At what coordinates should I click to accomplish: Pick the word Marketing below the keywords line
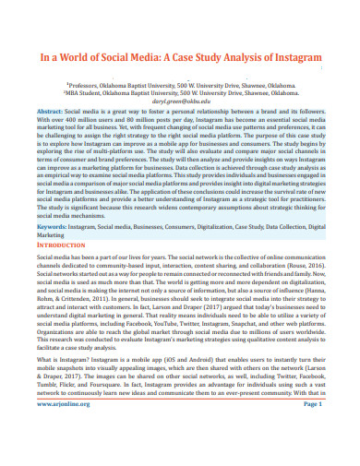[x=54, y=234]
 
